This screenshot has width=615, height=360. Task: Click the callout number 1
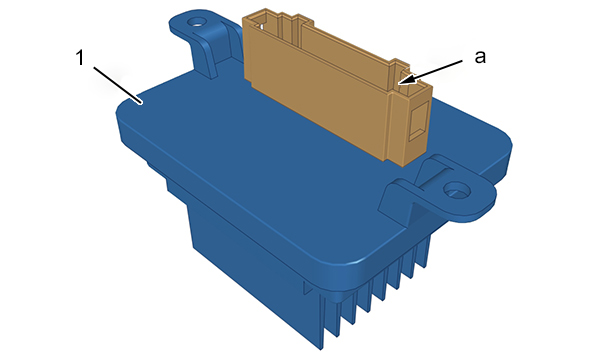(80, 58)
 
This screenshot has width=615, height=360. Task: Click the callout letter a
(480, 57)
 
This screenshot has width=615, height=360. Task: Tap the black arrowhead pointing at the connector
(406, 80)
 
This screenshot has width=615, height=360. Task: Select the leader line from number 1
(117, 85)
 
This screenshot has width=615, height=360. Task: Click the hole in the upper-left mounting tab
(195, 21)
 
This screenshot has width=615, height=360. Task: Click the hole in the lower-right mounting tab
(457, 190)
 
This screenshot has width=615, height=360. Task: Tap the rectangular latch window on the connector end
(417, 121)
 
